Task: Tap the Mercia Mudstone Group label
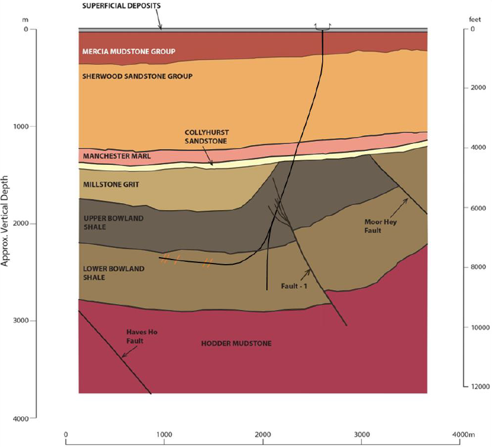coord(128,52)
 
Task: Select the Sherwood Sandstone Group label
coord(137,76)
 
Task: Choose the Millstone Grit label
coord(110,184)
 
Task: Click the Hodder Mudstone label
coord(236,343)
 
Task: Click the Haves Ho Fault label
coord(142,336)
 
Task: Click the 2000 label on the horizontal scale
coord(263,434)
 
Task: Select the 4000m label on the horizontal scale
coord(464,434)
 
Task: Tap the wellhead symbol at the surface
coord(322,27)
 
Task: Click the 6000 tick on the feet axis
coord(478,207)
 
